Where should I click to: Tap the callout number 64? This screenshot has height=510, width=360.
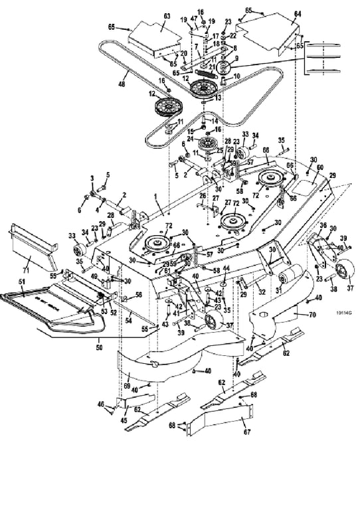pos(297,14)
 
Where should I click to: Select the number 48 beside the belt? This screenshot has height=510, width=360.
pos(122,85)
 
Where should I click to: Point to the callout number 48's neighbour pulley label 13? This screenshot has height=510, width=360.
pos(217,97)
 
